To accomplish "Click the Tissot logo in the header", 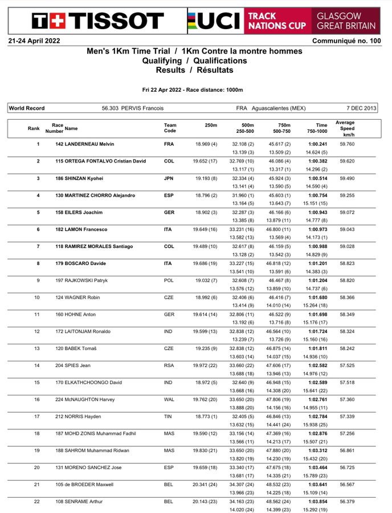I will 97,21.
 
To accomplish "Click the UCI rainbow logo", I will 214,21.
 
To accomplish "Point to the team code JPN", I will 169,178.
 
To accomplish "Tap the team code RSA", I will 169,348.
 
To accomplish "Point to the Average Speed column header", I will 345,129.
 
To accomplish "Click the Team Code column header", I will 170,129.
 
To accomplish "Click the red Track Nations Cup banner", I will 277,21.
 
